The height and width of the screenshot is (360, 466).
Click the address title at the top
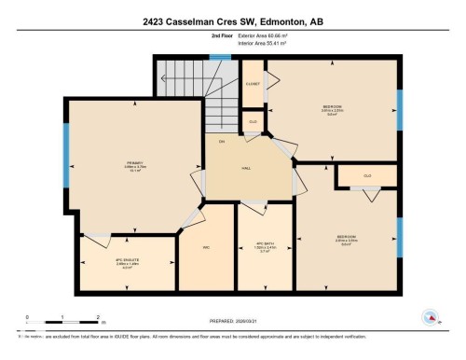click(233, 20)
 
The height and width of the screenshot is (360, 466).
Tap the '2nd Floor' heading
click(223, 35)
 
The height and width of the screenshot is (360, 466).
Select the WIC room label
click(206, 247)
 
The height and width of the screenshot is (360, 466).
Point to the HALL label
click(246, 168)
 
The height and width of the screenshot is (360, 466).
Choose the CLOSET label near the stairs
click(253, 84)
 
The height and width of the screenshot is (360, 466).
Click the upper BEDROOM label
click(332, 106)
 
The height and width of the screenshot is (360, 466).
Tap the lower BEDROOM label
click(346, 237)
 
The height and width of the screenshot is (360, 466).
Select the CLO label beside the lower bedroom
click(367, 175)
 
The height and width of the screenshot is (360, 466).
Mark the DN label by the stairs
click(221, 141)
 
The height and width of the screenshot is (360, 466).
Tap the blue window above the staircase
click(219, 57)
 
